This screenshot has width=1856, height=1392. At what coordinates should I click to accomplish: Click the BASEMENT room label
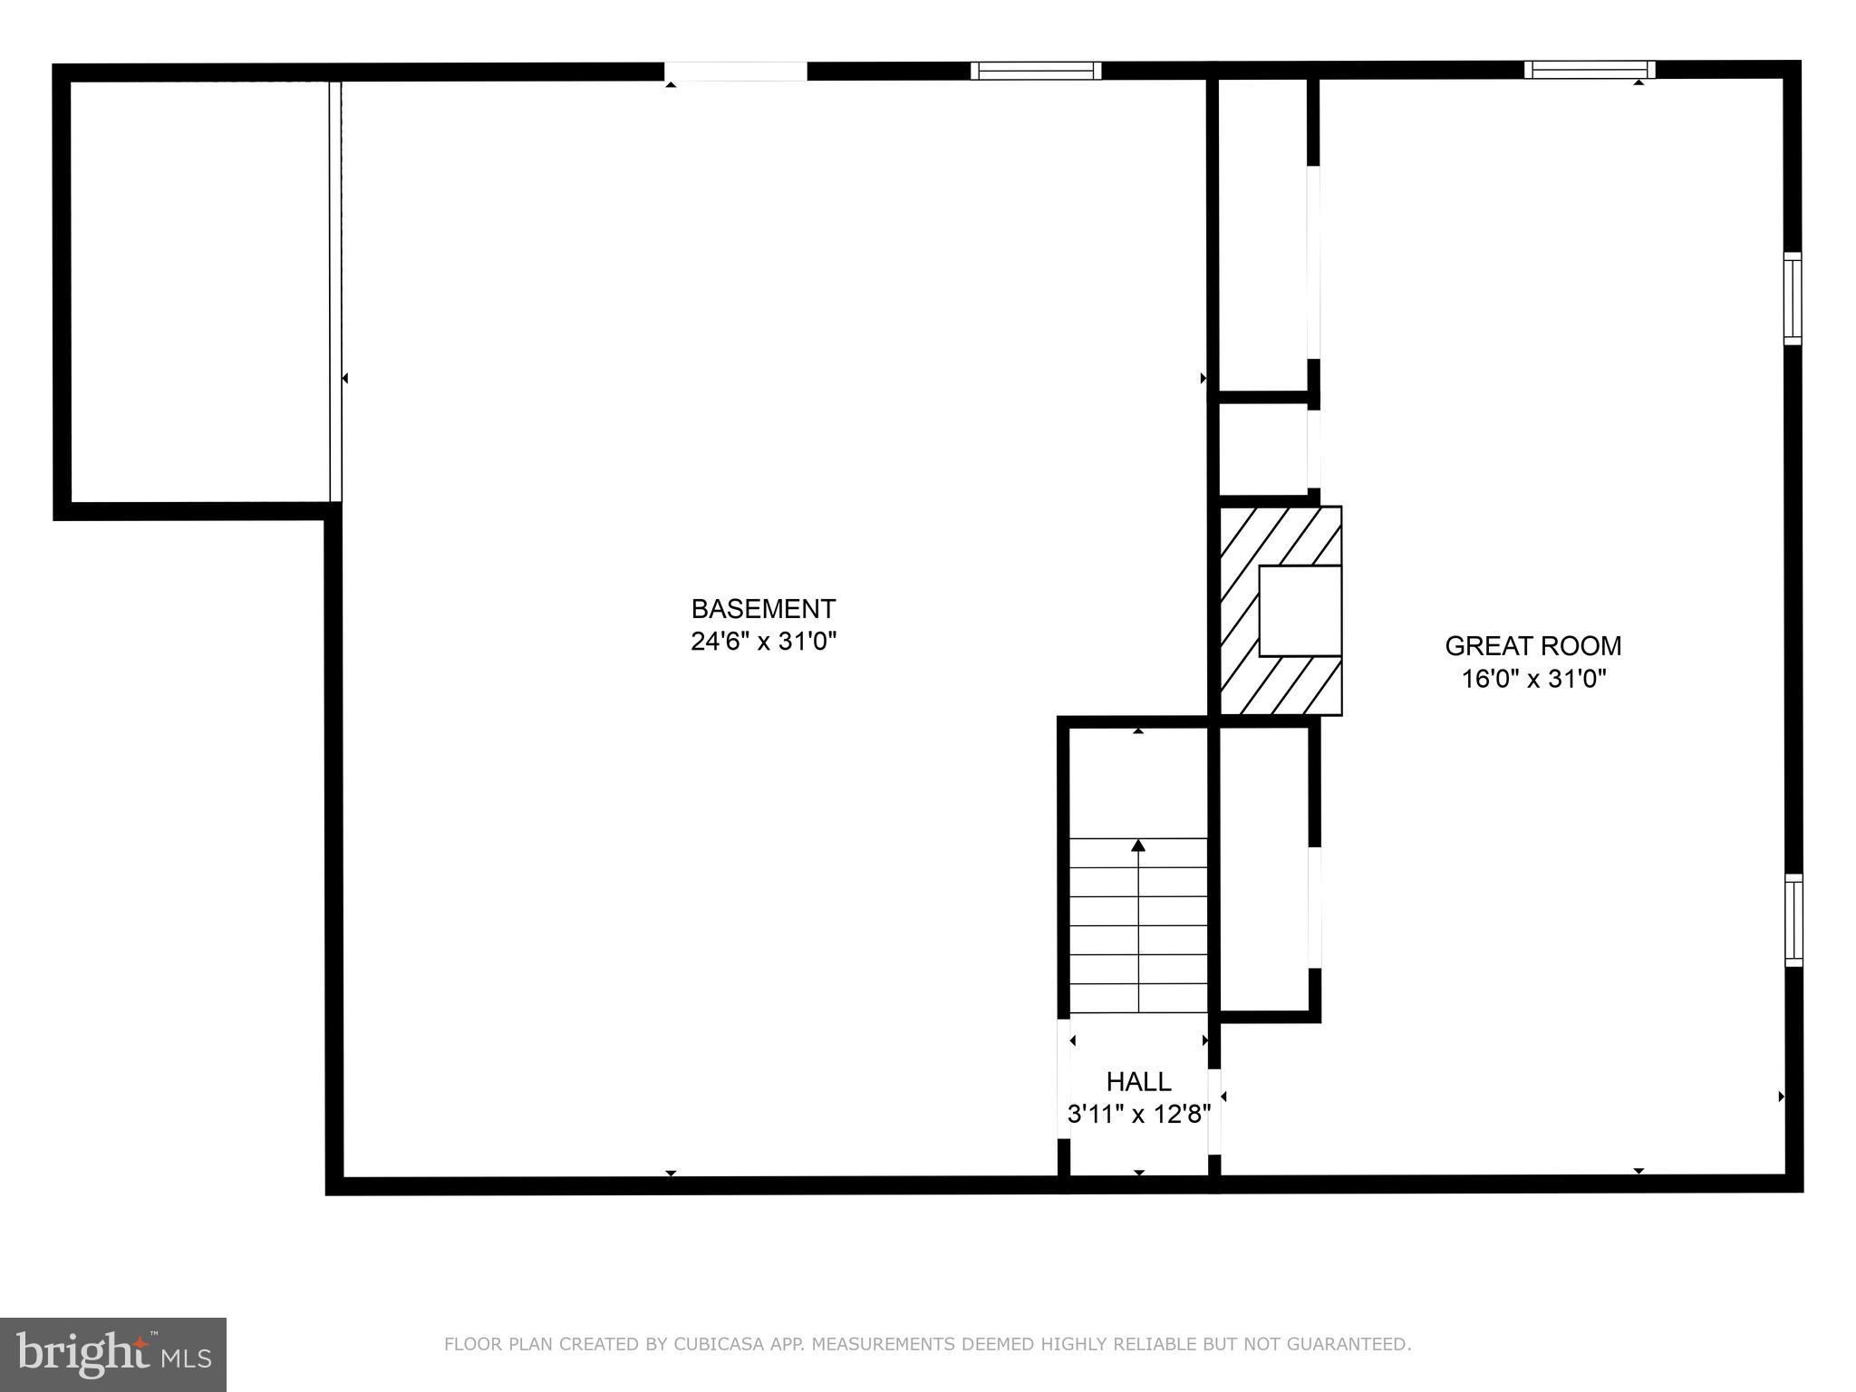coord(763,608)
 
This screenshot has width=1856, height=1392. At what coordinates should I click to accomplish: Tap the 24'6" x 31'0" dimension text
coord(763,642)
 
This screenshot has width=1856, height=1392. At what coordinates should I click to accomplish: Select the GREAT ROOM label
coord(1533,646)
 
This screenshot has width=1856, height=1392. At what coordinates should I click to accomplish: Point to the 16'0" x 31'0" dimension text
coord(1533,679)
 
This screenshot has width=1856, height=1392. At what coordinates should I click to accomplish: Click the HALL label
coord(1138,1081)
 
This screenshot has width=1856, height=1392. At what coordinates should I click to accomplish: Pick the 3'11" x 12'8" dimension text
coord(1138,1114)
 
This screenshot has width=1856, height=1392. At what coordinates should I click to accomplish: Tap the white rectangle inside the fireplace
coord(1300,610)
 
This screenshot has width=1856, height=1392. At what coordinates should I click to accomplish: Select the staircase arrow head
coord(1138,846)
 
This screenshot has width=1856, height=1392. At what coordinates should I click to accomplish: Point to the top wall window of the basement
coord(1036,71)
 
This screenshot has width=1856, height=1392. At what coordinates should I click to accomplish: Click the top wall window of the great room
coord(1589,70)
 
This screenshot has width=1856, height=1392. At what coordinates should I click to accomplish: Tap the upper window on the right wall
coord(1792,298)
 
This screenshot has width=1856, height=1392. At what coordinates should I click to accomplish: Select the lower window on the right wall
coord(1793,920)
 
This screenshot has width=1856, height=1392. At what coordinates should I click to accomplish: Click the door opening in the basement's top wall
coord(735,72)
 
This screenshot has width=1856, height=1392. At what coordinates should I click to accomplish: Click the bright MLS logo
coord(113,1355)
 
